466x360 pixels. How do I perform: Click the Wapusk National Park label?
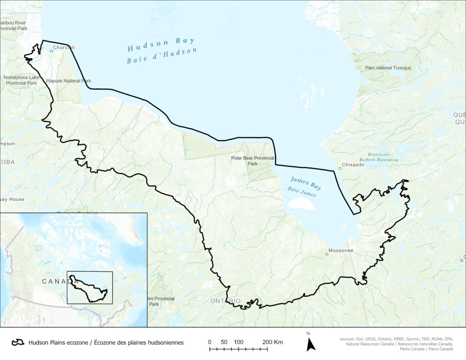tap(68, 81)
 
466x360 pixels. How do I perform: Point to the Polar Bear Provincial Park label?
tap(253, 161)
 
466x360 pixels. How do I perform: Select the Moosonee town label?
tap(342, 251)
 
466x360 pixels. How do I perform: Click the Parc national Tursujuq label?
tap(388, 68)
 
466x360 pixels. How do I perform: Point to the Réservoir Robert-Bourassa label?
tap(379, 157)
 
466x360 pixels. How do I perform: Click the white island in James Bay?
tap(301, 204)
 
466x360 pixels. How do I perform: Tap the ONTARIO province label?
tap(226, 301)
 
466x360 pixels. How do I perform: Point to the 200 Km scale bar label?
tap(273, 342)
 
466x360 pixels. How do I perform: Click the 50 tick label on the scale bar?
tap(224, 342)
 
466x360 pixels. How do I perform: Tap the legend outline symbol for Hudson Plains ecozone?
tap(18, 342)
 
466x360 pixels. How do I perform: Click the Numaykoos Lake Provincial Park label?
tap(20, 80)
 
